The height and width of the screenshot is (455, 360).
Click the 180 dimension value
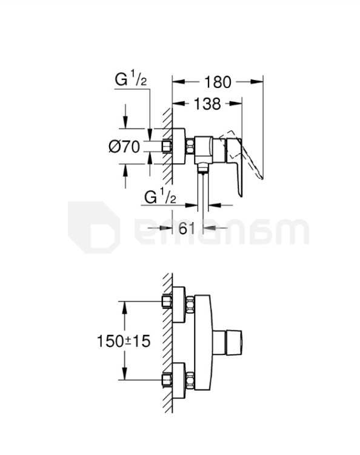tap(218, 82)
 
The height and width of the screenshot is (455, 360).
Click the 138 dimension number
tap(207, 104)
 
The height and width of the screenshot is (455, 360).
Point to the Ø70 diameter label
tap(124, 147)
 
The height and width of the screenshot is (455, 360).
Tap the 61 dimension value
tap(187, 228)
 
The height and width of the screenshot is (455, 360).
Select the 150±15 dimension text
tap(124, 341)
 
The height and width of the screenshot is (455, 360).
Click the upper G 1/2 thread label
tap(131, 79)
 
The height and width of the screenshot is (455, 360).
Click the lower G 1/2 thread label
tap(160, 197)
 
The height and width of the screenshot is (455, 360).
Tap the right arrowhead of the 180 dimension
tap(257, 82)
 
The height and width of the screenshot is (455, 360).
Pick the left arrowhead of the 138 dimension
tap(179, 104)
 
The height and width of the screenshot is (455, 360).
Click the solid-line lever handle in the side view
tap(235, 163)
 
